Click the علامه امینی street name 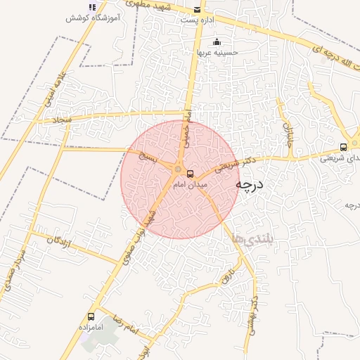(55, 89)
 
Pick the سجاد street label (63, 120)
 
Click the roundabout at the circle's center (179, 169)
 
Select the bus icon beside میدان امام (191, 174)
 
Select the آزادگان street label (59, 241)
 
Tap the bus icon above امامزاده (91, 317)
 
